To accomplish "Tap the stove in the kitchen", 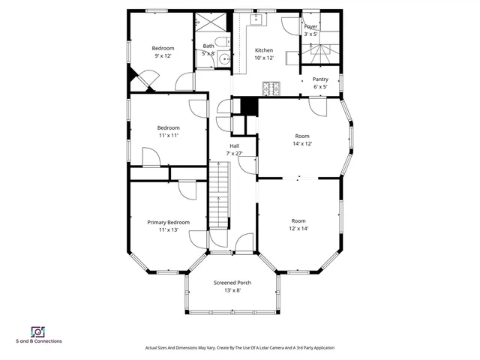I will coord(270,88).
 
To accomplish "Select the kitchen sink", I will coord(255,19).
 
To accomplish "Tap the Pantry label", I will coord(320,79).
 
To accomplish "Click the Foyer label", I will coord(310,26).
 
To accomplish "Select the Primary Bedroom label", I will coord(168,222).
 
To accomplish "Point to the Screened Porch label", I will coord(232,283).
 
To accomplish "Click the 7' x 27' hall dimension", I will coord(235,153).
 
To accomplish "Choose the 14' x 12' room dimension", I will coord(302,143).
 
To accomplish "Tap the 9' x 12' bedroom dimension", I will coord(163,56).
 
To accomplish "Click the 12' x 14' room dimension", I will coord(298,229).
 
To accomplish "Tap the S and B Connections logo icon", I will coord(37,331).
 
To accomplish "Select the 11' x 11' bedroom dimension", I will coord(168,136).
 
